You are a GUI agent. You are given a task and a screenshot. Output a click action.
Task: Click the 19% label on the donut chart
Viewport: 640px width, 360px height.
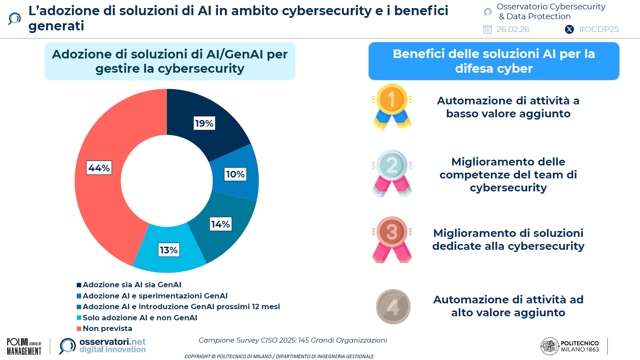coord(204,124)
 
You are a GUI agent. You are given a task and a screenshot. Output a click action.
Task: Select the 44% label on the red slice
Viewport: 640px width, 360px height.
coord(99,168)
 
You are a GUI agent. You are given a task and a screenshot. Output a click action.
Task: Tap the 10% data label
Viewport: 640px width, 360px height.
coord(235,174)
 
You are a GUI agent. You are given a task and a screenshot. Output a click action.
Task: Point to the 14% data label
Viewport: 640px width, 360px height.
coord(220,224)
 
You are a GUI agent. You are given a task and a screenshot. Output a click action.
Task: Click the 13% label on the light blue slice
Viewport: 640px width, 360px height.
coord(169,250)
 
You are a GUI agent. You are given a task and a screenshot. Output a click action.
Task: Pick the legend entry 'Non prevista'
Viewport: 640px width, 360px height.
coord(107,329)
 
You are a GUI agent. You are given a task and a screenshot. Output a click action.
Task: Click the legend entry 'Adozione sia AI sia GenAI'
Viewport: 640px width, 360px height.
coord(132,285)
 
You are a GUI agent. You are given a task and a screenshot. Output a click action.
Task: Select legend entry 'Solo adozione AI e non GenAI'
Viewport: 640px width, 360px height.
coord(140,318)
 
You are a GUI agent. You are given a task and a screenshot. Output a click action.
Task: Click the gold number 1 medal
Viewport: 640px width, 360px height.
coord(392,106)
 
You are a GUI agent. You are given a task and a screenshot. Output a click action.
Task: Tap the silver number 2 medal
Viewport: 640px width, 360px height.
coord(392,173)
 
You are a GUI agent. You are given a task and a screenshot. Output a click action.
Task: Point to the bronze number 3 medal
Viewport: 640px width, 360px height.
coord(392,239)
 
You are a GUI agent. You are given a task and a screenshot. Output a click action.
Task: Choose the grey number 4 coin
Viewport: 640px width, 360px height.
coord(393,306)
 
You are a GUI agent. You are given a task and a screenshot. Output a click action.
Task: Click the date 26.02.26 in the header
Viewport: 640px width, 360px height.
coord(513,29)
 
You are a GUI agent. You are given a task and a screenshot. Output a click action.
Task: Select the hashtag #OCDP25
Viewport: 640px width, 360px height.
coord(598,29)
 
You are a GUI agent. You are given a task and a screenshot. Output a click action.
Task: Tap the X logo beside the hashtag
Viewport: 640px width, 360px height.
coord(569,29)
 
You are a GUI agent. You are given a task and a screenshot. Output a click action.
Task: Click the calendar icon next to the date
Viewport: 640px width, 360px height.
coord(487,29)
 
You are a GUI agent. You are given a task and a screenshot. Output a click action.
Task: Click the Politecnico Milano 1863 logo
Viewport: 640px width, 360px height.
coord(569,345)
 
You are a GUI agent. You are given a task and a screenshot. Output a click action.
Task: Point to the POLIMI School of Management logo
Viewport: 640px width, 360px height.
coord(24,346)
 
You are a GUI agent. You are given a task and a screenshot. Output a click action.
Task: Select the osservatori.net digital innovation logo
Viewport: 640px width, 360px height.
coord(103,346)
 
